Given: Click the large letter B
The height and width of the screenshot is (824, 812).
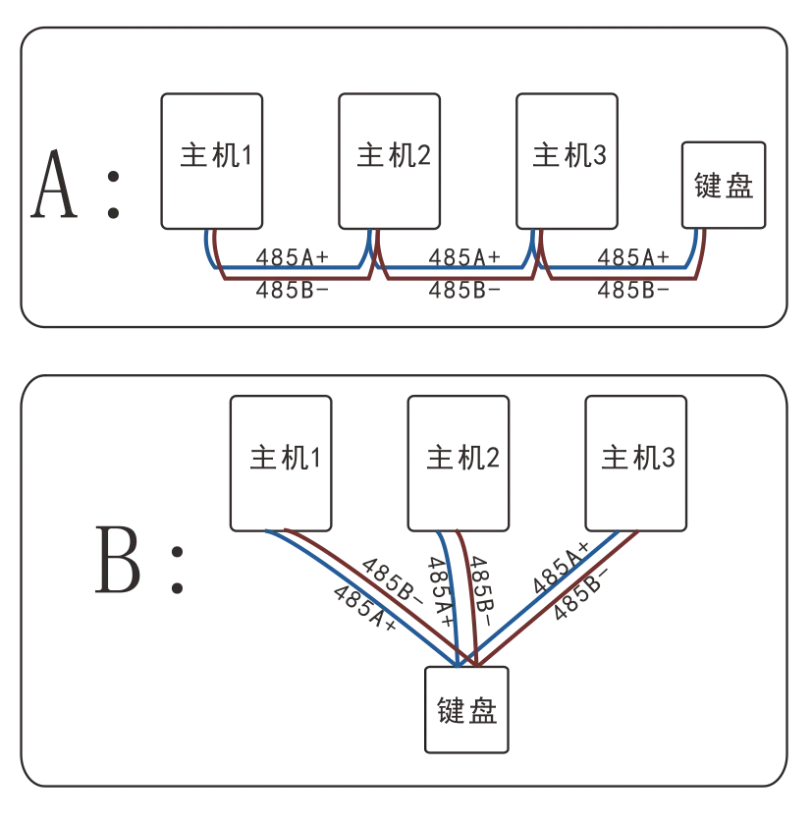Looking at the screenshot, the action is (117, 559).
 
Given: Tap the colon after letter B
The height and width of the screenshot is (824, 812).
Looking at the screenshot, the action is (177, 570).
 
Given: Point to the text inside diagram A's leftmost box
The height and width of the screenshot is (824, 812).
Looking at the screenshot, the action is (215, 155).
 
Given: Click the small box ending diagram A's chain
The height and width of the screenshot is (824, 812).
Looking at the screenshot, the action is (725, 185).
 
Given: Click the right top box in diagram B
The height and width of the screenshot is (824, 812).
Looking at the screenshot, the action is (634, 463).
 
